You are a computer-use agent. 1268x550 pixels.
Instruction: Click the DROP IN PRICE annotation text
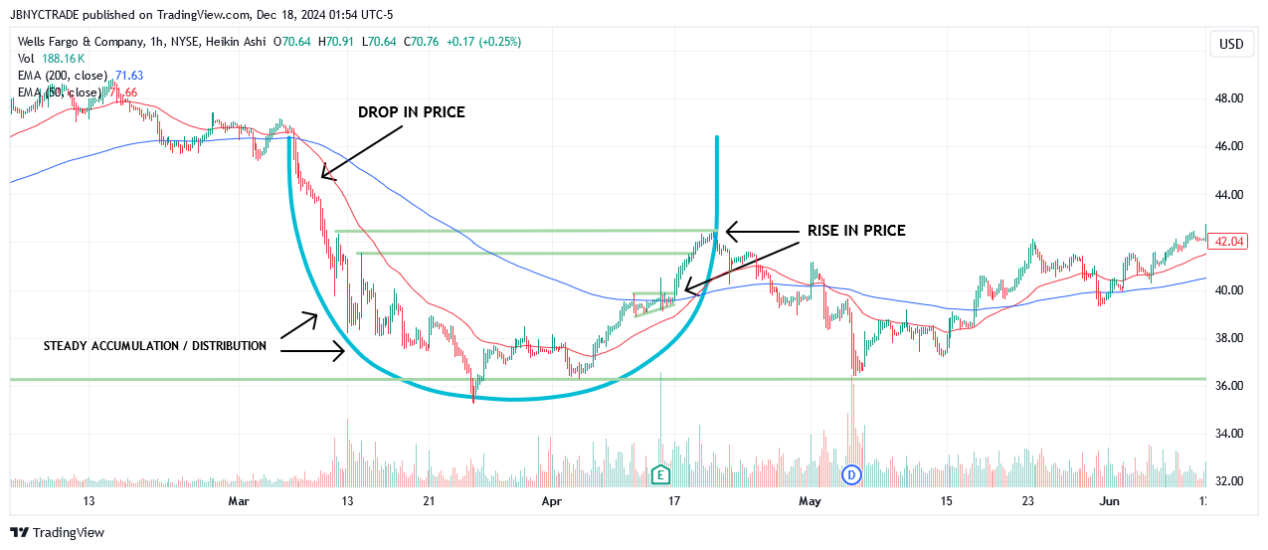tap(411, 112)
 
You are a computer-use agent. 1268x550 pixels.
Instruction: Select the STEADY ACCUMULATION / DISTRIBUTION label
tap(155, 346)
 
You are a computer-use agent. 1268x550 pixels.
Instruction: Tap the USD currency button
tap(1231, 44)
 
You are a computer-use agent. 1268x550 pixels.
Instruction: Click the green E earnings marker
tap(659, 475)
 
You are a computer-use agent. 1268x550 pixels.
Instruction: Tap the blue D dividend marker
tap(851, 475)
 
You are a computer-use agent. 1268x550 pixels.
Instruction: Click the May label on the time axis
tap(811, 501)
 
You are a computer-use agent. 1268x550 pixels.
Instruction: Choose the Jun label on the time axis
tap(1109, 501)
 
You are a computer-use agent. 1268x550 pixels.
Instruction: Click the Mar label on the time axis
tap(239, 501)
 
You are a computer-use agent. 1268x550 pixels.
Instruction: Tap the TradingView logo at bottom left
tap(57, 533)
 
